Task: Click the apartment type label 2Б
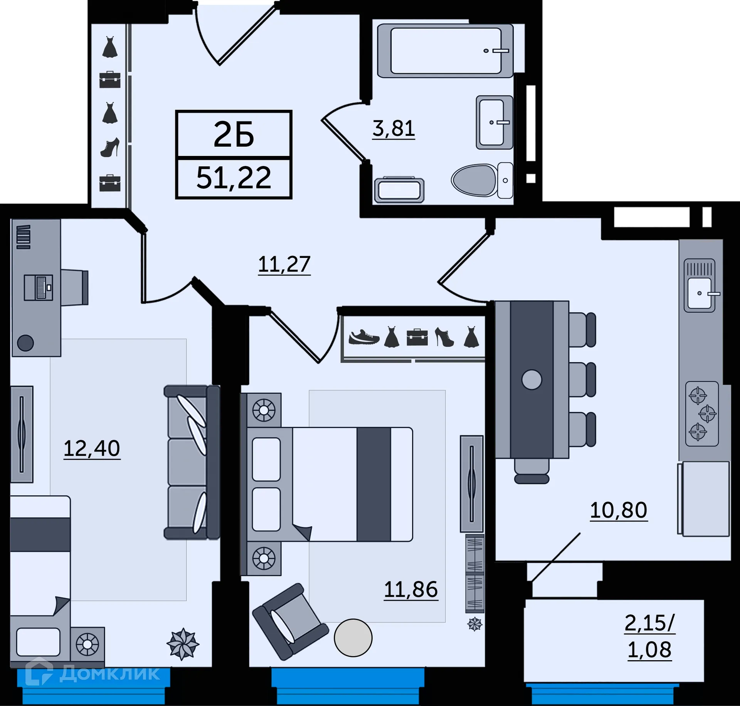click(234, 135)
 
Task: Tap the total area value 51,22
click(234, 178)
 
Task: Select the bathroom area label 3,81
click(394, 129)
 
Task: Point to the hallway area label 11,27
click(284, 265)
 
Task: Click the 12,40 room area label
click(92, 449)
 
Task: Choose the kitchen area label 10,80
click(618, 510)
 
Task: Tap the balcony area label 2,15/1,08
click(649, 636)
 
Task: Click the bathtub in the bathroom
click(445, 50)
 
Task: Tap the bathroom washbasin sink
click(494, 122)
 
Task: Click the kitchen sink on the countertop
click(700, 293)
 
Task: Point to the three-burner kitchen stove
click(702, 414)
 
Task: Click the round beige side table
click(353, 638)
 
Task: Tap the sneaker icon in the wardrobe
click(363, 338)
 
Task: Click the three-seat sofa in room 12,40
click(192, 462)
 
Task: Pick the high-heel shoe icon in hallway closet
click(110, 148)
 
